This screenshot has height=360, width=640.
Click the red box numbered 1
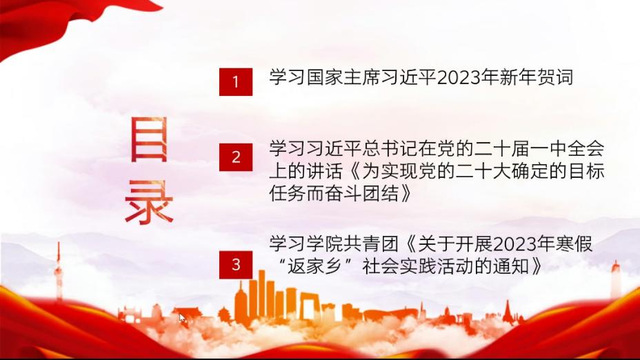click(x=236, y=82)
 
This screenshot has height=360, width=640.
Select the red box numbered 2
click(x=236, y=157)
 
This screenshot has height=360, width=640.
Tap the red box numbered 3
click(x=236, y=265)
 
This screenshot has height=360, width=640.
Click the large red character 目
click(x=149, y=139)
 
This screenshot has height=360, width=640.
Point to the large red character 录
click(x=149, y=202)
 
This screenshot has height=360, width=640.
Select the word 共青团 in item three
click(x=371, y=245)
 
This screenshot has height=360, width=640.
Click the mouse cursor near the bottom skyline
click(x=182, y=319)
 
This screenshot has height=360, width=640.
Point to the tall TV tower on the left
click(x=59, y=270)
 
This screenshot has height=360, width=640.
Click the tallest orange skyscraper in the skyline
click(x=261, y=292)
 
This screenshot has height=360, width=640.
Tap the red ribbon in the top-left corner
click(x=49, y=20)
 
